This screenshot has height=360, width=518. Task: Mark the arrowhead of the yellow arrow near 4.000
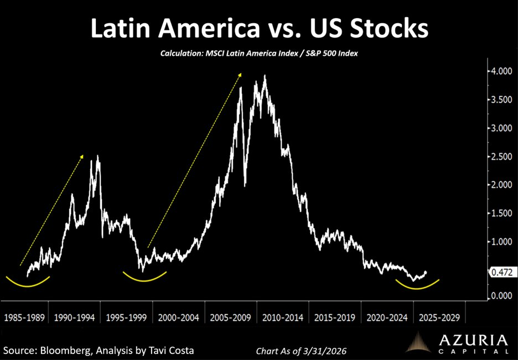[240, 74]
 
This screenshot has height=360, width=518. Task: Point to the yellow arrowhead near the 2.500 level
[82, 156]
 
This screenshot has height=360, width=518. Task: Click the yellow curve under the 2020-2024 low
[418, 286]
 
